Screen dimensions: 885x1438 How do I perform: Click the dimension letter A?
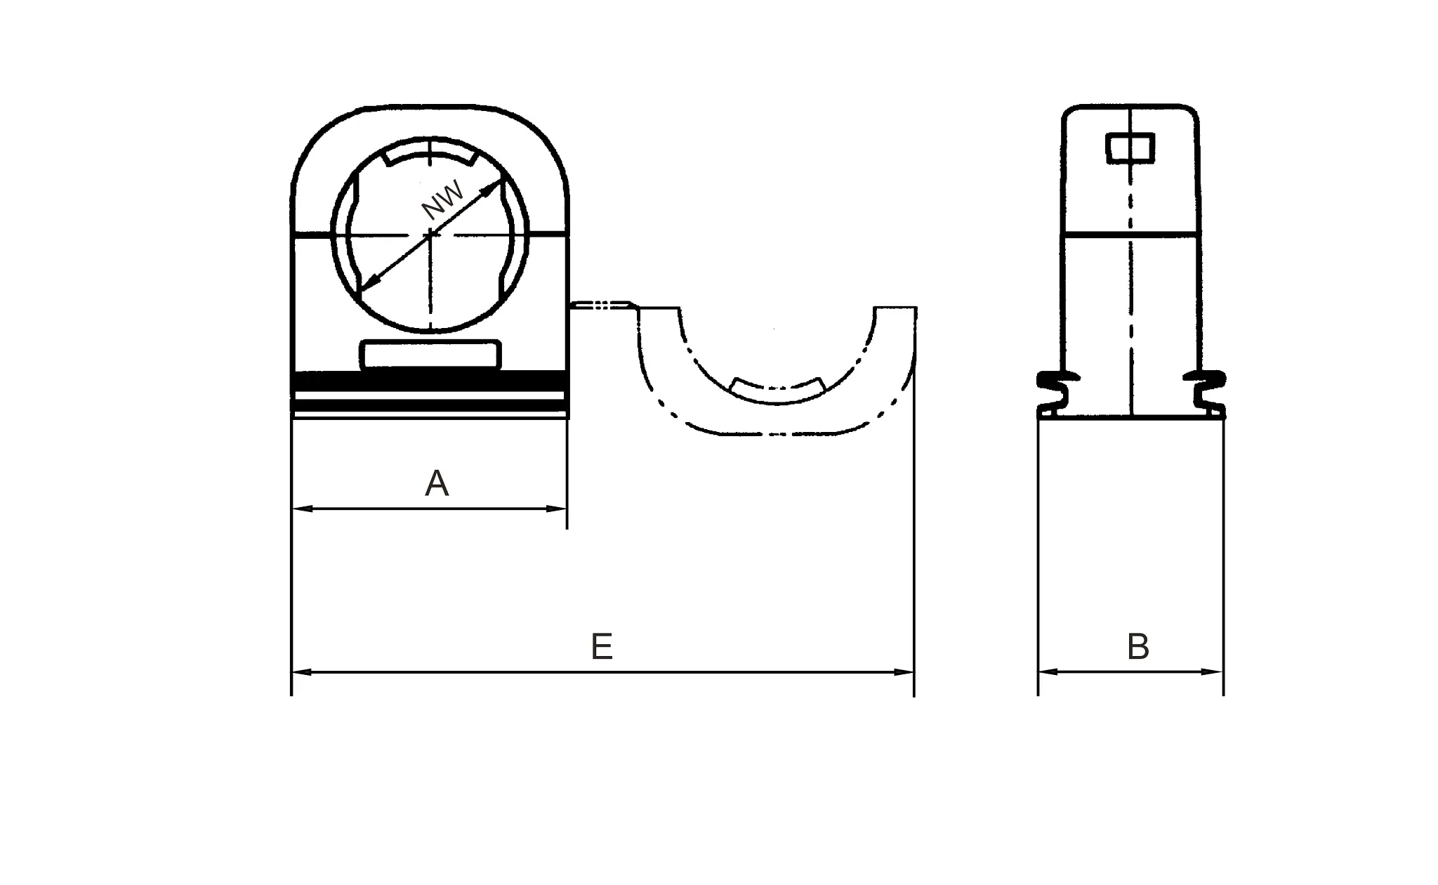[x=437, y=484]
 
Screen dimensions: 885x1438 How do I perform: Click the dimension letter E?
[x=602, y=647]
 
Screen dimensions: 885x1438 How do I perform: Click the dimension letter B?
[x=1137, y=647]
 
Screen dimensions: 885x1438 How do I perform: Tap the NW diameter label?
[x=443, y=199]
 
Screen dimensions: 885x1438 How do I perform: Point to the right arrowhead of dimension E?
[x=904, y=672]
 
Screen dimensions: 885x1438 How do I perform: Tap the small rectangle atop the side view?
[x=1130, y=148]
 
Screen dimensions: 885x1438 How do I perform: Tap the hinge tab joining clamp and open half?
[x=602, y=305]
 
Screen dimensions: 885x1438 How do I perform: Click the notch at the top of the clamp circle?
[x=430, y=156]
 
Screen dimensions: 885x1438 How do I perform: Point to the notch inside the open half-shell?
[x=777, y=388]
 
